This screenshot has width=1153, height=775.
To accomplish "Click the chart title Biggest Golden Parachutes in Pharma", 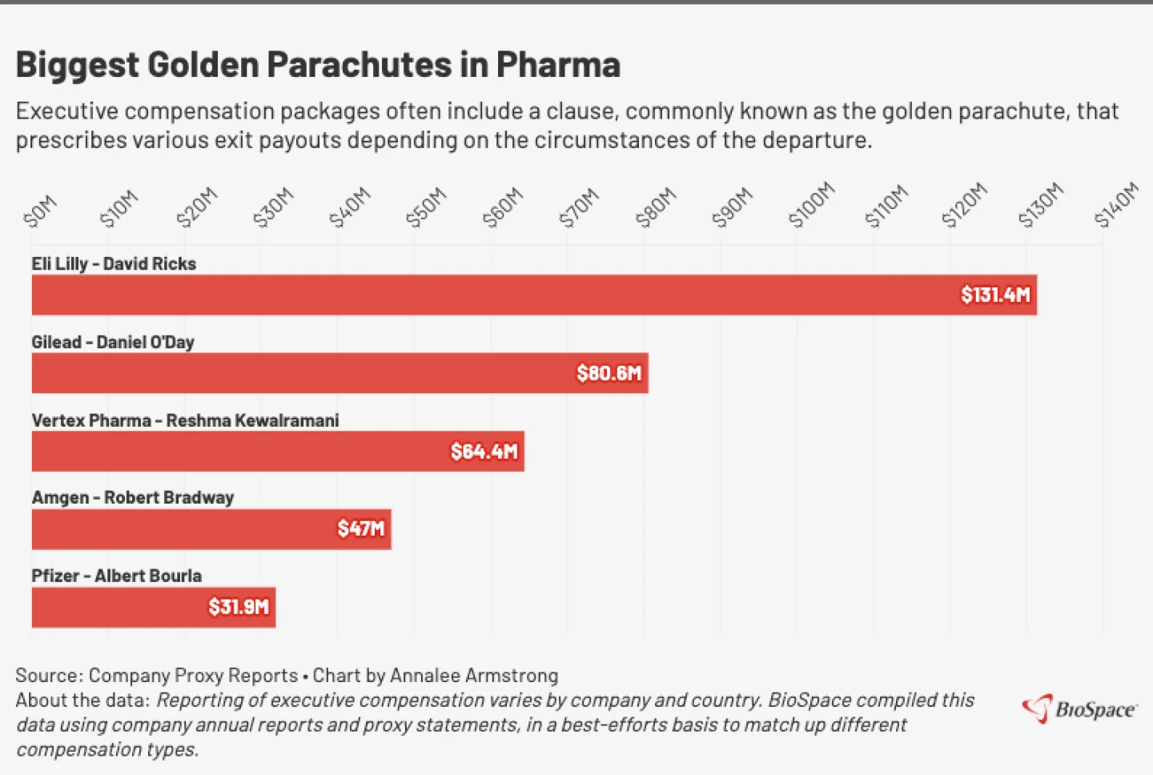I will (318, 65).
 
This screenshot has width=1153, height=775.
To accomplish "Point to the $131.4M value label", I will (995, 295).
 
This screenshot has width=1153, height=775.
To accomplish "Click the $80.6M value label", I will (609, 373).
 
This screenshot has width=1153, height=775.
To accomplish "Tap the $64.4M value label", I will (484, 452).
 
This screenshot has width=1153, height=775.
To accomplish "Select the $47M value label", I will (361, 529).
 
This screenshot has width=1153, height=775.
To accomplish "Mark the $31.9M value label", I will (239, 607).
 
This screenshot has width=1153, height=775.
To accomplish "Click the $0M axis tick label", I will (41, 211).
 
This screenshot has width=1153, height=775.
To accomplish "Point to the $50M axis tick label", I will (425, 207).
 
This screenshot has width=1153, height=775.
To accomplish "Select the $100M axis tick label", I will (811, 205).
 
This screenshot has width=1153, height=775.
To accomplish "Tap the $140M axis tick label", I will (1116, 205).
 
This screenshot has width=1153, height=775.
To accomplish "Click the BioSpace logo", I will (1079, 709).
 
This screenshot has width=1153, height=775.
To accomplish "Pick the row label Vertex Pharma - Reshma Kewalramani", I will (185, 420).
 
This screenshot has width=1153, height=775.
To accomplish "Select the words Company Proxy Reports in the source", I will (193, 676).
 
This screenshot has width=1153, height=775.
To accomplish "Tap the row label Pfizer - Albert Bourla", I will (116, 576).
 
